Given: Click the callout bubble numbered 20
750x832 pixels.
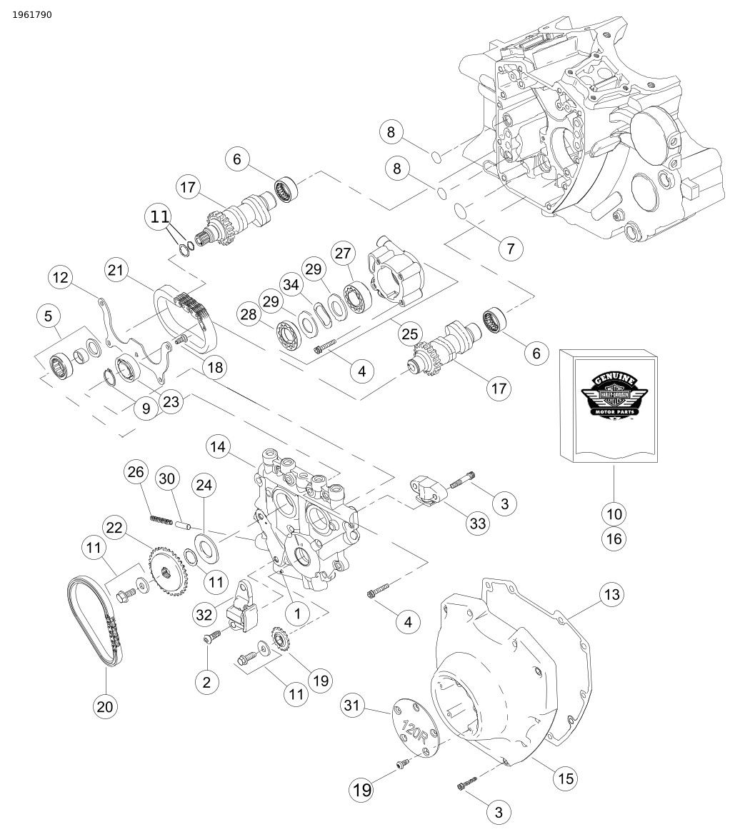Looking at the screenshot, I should pos(104,706).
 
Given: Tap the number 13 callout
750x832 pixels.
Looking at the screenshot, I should pos(611,594).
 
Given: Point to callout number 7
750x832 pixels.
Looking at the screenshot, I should pos(510,249).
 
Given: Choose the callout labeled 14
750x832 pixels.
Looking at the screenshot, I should pos(219,448).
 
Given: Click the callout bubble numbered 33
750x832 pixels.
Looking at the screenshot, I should pos(477,523).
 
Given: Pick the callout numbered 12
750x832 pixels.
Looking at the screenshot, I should pos(61,277).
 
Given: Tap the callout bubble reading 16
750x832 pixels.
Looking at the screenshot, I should pos(614,539).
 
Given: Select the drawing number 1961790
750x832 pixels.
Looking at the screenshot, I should pos(32,15).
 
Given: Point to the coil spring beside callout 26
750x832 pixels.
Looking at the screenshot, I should pos(161,519).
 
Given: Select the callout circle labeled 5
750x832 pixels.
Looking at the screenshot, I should pos(49,316).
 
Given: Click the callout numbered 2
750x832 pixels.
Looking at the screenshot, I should pos(206,682).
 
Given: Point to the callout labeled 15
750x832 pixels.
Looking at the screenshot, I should pos(566,778).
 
